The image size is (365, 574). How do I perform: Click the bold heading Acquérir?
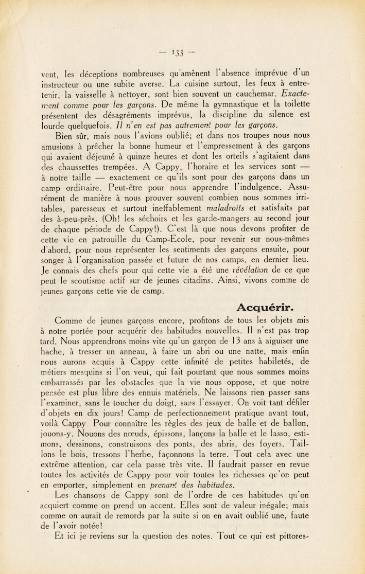coord(265,308)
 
